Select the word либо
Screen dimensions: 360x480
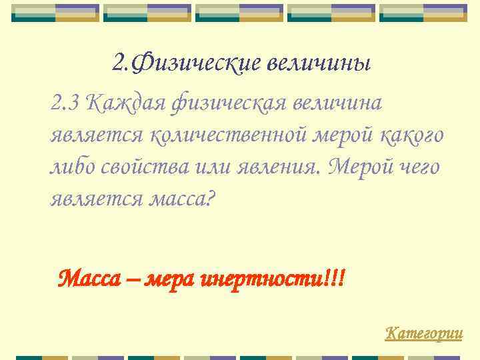click(71, 167)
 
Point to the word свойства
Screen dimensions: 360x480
click(144, 167)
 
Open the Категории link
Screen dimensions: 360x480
click(424, 333)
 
